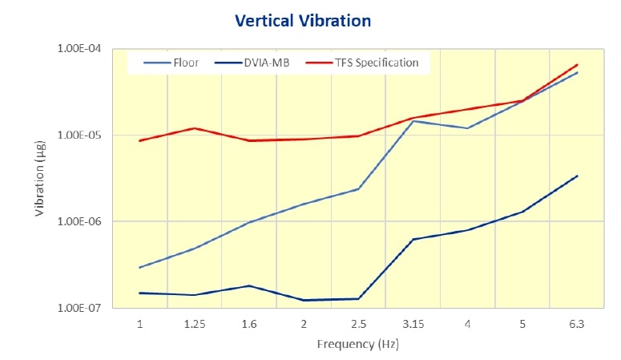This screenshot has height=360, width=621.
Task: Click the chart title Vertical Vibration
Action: [x=303, y=20]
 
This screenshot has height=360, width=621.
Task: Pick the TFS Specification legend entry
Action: [x=376, y=63]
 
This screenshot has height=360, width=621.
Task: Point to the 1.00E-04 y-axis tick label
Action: [x=80, y=49]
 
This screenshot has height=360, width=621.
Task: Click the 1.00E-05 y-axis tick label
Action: [x=80, y=135]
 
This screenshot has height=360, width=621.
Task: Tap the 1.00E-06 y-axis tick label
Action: [x=80, y=221]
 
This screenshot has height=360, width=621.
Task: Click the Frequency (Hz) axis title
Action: [x=358, y=345]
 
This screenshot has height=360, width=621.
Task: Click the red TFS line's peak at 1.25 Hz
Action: [x=195, y=128]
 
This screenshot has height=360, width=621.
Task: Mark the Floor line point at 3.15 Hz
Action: [x=413, y=121]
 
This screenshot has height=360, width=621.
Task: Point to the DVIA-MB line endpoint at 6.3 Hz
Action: [x=577, y=176]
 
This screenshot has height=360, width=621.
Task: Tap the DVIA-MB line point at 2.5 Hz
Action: [x=358, y=299]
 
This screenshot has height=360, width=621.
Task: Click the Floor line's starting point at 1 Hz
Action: [x=140, y=268]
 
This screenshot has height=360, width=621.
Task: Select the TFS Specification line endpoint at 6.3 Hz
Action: [x=577, y=65]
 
